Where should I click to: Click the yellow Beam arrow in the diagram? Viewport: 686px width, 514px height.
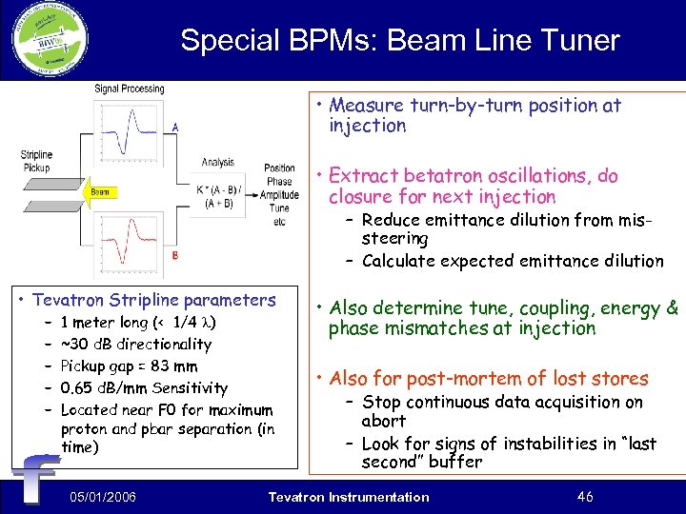100,192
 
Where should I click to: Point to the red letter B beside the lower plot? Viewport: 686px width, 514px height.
174,255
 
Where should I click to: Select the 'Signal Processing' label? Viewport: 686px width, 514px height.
129,89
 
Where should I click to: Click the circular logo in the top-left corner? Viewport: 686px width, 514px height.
50,40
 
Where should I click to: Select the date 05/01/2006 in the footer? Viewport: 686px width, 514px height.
103,497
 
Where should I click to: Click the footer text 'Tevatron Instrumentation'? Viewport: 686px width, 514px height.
349,497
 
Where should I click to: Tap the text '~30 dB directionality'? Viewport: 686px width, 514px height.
135,344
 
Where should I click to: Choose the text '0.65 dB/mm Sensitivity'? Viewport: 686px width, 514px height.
144,387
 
